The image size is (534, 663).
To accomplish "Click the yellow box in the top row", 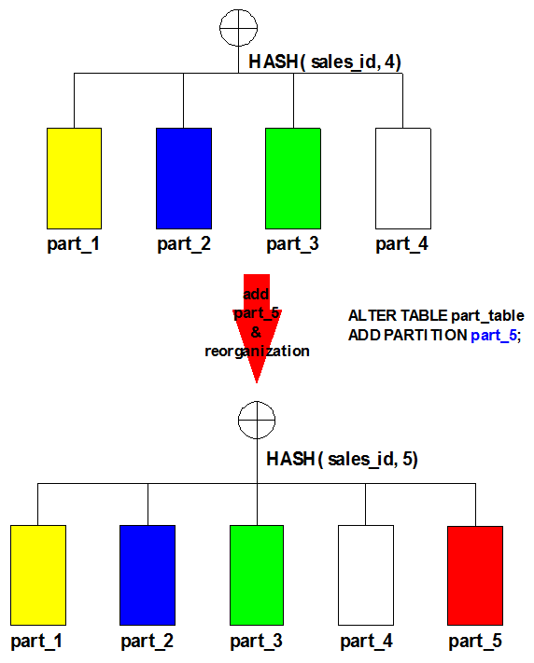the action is pyautogui.click(x=74, y=178).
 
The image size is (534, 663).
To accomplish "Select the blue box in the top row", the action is pyautogui.click(x=184, y=178).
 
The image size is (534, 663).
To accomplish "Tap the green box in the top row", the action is pyautogui.click(x=293, y=178).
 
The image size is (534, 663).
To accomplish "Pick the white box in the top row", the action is pyautogui.click(x=403, y=178).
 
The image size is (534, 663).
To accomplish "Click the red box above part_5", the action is pyautogui.click(x=475, y=575).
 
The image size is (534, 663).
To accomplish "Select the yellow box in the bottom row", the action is pyautogui.click(x=38, y=575).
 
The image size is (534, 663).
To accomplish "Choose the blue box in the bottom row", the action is pyautogui.click(x=148, y=575).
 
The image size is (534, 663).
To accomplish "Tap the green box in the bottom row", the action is pyautogui.click(x=257, y=575).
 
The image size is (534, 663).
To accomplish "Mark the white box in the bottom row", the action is pyautogui.click(x=366, y=575).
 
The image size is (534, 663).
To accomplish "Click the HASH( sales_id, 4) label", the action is pyautogui.click(x=325, y=62).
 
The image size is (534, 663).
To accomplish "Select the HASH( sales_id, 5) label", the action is pyautogui.click(x=343, y=459).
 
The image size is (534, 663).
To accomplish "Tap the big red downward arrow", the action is pyautogui.click(x=257, y=328).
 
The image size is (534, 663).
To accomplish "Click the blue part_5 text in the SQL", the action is pyautogui.click(x=494, y=336).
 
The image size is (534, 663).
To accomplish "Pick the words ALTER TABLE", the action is pyautogui.click(x=398, y=315).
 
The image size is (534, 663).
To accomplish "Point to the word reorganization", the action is pyautogui.click(x=257, y=351).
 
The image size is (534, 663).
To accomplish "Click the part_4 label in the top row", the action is pyautogui.click(x=401, y=244).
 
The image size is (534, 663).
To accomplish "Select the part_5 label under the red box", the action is pyautogui.click(x=475, y=641).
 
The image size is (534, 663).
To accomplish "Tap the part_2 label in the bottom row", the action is pyautogui.click(x=147, y=641).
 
